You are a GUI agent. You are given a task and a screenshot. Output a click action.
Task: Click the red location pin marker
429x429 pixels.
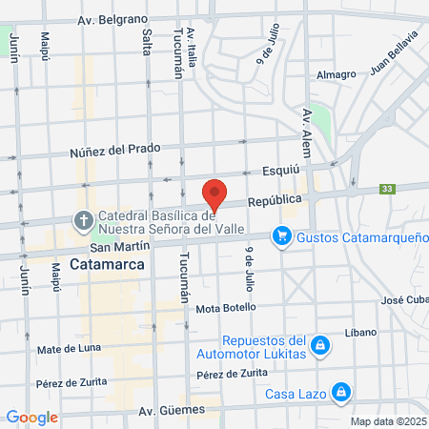(x=215, y=194)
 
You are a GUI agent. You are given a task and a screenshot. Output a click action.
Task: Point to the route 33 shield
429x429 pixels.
(x=386, y=189)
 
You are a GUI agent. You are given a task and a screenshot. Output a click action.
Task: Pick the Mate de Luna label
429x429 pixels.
(x=69, y=349)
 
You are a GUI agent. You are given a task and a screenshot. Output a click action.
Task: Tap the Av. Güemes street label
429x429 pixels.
(x=173, y=411)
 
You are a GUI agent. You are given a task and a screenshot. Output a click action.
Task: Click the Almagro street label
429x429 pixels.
(x=336, y=74)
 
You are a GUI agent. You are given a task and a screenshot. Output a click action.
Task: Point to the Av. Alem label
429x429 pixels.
(x=307, y=128)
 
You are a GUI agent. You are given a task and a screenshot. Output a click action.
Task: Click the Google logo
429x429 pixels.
(x=31, y=417)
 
